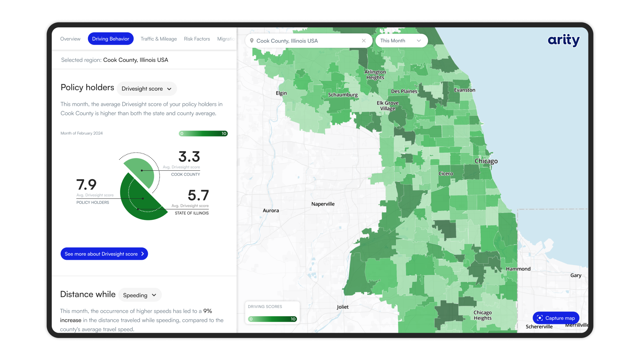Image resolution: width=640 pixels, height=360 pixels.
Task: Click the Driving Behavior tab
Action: click(x=110, y=39)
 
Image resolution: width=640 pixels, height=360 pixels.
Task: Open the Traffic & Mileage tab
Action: click(x=159, y=39)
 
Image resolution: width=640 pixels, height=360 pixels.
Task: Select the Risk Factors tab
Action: click(x=197, y=39)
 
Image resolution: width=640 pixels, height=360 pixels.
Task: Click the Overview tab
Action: click(x=70, y=39)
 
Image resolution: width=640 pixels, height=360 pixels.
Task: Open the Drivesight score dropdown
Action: click(x=146, y=89)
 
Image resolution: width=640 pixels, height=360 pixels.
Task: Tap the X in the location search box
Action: click(x=364, y=41)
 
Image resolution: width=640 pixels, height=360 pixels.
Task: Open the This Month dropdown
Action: click(x=401, y=41)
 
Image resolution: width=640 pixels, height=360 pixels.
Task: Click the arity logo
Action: click(x=563, y=40)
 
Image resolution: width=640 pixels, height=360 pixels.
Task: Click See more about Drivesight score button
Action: click(x=104, y=254)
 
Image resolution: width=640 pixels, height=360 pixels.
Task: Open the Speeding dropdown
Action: click(x=140, y=295)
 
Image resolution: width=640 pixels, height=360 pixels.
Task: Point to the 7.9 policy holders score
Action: click(x=86, y=184)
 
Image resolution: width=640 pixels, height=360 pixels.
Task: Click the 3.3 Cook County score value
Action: click(x=189, y=157)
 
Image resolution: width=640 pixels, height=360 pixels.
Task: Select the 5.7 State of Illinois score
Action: click(x=198, y=195)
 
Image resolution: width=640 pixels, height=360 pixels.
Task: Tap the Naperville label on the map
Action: click(x=323, y=204)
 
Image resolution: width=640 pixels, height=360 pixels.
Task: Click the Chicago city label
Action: click(x=486, y=161)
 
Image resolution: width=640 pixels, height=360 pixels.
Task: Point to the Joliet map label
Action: click(x=342, y=307)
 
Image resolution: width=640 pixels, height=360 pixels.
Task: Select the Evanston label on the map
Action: click(x=464, y=90)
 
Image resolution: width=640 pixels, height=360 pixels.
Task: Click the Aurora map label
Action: click(x=271, y=211)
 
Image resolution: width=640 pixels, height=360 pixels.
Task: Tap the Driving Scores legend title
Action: click(x=265, y=307)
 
